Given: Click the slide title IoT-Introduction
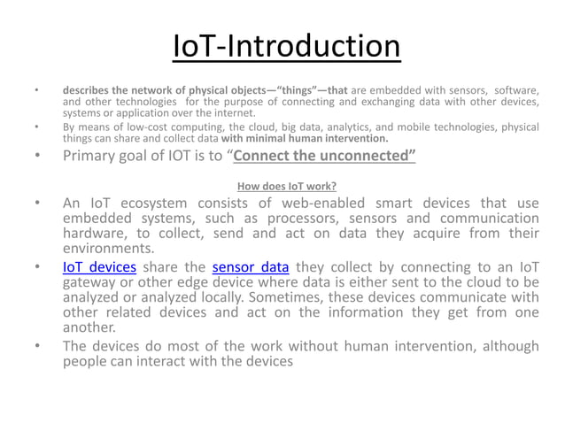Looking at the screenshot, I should (x=286, y=47).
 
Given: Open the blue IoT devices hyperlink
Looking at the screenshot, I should (x=99, y=266).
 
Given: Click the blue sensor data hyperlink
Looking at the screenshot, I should (x=251, y=266).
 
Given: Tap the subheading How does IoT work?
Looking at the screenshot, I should (x=287, y=186).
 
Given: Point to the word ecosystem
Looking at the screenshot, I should (x=148, y=204).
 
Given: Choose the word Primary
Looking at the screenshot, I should (x=92, y=158).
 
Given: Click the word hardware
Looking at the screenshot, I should (x=95, y=234).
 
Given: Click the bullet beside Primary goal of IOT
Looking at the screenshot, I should (x=36, y=158).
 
